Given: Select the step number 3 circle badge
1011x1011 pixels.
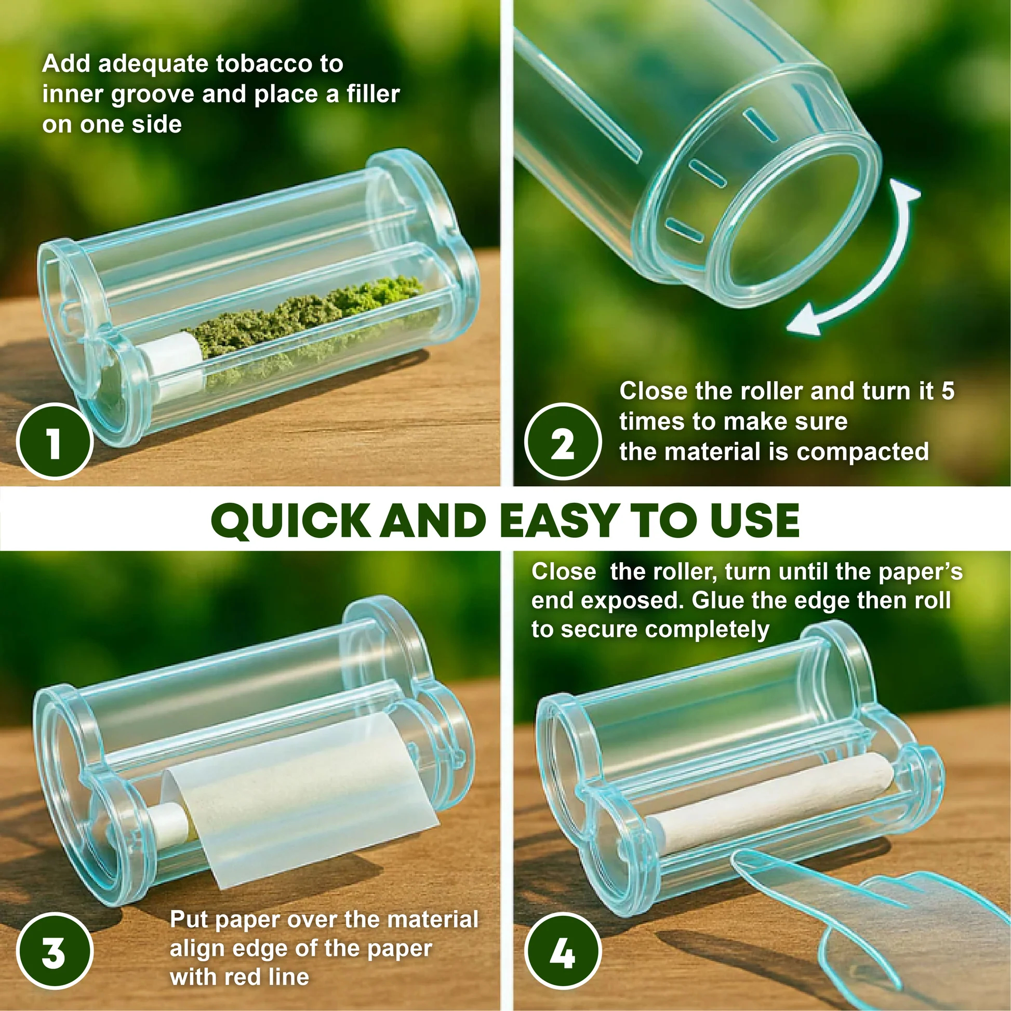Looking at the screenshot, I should click(55, 951).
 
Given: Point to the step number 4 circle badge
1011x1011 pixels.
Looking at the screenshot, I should click(563, 951).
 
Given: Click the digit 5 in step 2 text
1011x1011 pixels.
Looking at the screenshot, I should click(948, 391).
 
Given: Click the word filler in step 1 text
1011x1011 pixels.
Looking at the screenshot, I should click(373, 94).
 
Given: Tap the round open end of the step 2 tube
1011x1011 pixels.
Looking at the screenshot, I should click(785, 230).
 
